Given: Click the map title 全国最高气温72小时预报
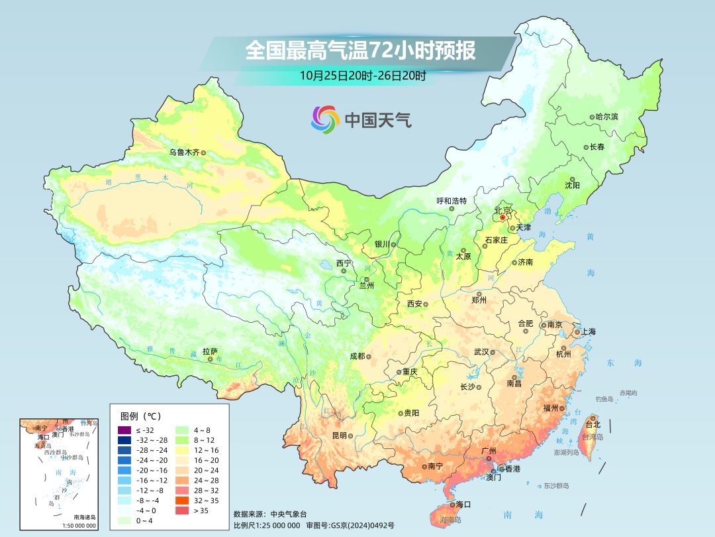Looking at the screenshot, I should click(x=360, y=51).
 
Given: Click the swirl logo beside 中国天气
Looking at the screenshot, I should click(x=324, y=119).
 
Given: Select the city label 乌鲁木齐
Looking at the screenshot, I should click(x=183, y=152).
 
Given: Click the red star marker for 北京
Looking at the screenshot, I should click(x=502, y=217).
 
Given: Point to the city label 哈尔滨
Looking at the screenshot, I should click(x=606, y=117).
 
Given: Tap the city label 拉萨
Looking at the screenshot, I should click(x=210, y=351).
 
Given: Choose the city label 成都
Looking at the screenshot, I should click(x=357, y=356).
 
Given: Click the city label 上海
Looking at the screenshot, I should click(x=588, y=331).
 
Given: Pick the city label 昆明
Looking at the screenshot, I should click(x=339, y=436).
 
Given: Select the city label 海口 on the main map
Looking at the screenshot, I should click(x=463, y=505).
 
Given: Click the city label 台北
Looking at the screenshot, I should click(x=592, y=424).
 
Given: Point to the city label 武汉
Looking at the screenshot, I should click(x=481, y=352).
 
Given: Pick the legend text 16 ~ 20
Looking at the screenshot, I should click(x=205, y=459).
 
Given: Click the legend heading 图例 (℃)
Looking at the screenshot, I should click(x=140, y=416).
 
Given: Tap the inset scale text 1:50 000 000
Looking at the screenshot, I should click(x=79, y=526).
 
